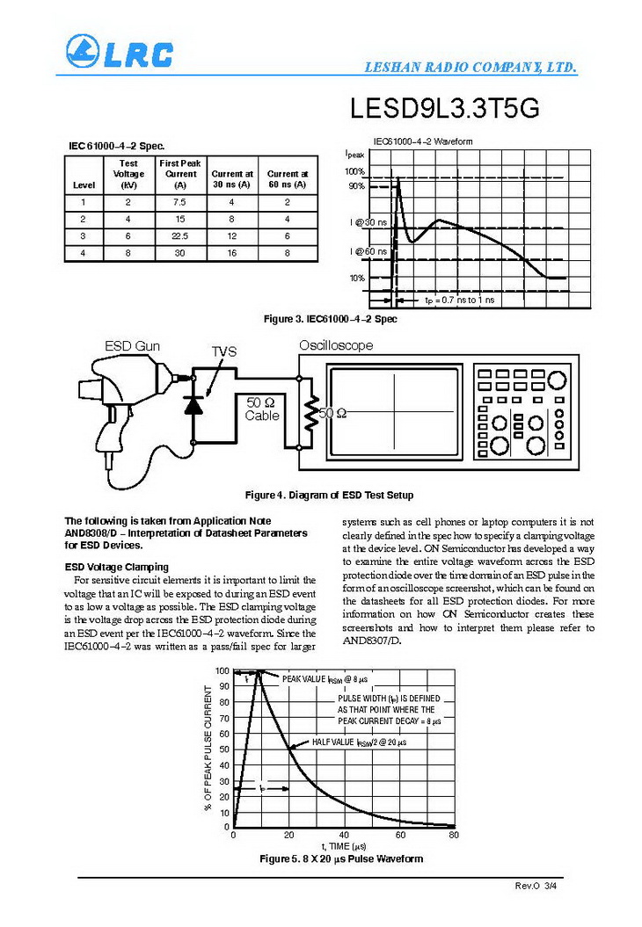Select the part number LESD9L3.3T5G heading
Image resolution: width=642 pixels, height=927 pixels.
(444, 109)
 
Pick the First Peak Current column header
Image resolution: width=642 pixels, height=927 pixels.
(180, 174)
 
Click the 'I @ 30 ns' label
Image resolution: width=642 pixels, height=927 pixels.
(366, 222)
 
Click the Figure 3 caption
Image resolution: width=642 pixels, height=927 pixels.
(330, 319)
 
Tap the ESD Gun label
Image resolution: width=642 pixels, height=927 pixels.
(132, 346)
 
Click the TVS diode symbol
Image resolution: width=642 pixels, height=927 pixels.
(193, 404)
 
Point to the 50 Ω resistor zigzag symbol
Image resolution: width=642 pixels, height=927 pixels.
(309, 412)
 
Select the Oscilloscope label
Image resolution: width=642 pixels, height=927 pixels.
(335, 345)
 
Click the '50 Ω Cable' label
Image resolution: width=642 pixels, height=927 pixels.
(262, 409)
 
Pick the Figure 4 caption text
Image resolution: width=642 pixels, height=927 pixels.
(329, 496)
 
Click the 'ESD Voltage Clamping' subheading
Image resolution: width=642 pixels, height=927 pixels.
(116, 567)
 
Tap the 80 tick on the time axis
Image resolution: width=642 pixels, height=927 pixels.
(454, 835)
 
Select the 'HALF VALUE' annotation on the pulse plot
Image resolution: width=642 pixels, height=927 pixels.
(358, 742)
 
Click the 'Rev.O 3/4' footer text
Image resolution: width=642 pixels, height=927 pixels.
(536, 886)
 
